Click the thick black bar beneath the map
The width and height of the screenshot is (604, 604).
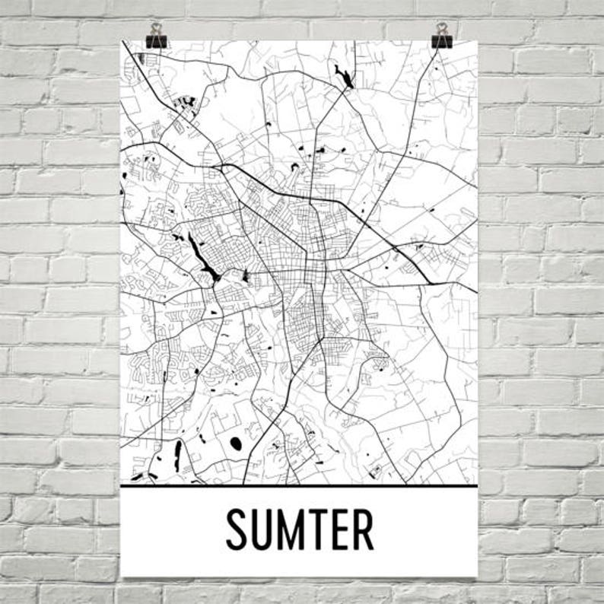tap(299, 485)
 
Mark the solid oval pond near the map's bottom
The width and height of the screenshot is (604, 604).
tap(236, 442)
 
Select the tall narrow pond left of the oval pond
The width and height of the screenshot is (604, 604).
tap(178, 453)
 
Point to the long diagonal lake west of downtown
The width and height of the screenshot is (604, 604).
tap(204, 259)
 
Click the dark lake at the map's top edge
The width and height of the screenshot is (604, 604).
tap(342, 75)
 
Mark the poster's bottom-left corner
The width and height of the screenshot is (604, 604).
tap(122, 575)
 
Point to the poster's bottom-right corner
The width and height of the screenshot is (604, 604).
tap(477, 575)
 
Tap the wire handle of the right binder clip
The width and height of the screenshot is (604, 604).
tap(442, 29)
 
